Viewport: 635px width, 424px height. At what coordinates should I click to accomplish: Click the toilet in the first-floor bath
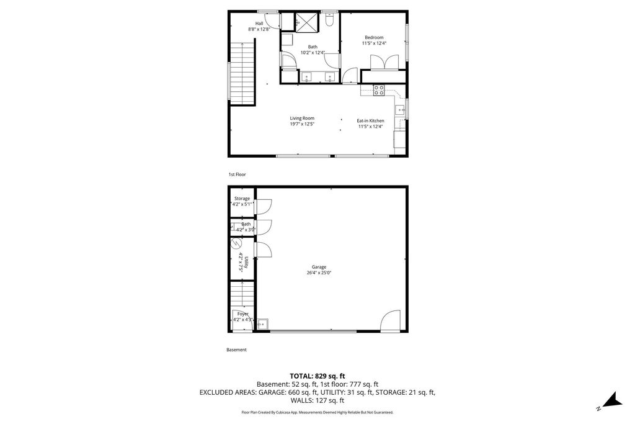pyautogui.click(x=329, y=22)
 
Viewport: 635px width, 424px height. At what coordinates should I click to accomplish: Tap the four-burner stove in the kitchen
pyautogui.click(x=379, y=90)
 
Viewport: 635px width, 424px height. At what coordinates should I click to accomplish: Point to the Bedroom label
pyautogui.click(x=374, y=37)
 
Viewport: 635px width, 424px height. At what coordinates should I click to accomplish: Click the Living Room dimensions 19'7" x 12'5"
pyautogui.click(x=302, y=124)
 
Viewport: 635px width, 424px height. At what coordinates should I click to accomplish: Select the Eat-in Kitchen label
pyautogui.click(x=370, y=120)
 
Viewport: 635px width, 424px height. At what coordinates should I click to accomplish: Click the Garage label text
pyautogui.click(x=319, y=267)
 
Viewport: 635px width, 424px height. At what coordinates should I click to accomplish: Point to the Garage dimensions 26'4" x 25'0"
pyautogui.click(x=319, y=273)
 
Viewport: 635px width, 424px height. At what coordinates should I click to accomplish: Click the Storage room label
pyautogui.click(x=242, y=199)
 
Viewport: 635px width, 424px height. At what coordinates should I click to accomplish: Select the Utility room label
pyautogui.click(x=246, y=261)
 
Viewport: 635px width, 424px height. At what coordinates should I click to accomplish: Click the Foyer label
pyautogui.click(x=243, y=314)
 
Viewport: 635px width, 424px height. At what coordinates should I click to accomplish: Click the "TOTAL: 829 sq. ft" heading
pyautogui.click(x=317, y=376)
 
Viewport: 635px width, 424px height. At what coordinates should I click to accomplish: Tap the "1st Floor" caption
pyautogui.click(x=237, y=174)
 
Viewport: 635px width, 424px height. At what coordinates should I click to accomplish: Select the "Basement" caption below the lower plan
pyautogui.click(x=236, y=350)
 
